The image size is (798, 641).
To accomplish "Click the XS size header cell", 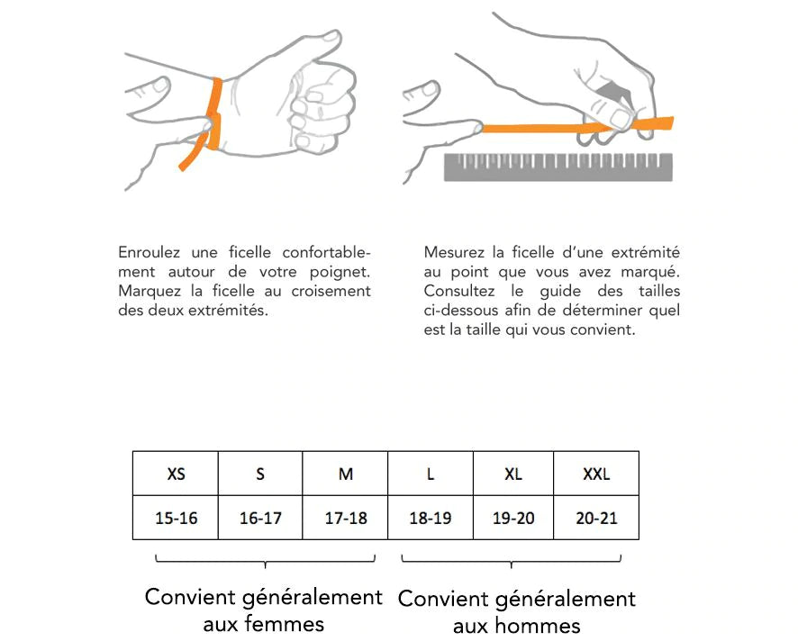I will coord(176,474).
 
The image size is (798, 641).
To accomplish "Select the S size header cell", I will coord(260,474).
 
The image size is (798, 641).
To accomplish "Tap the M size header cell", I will coord(345,474).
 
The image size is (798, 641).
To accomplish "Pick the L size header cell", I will coord(430,474).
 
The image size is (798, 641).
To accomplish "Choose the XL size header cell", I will coord(513,474).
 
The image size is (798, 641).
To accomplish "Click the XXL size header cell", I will coord(596,474).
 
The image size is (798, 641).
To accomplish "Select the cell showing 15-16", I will coord(176,519).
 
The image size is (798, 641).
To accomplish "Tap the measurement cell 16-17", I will coord(260,519).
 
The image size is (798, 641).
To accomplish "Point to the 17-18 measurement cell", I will coord(345,519).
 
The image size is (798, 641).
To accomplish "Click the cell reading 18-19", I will coord(430,519).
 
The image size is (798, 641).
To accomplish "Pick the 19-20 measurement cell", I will coord(513,519).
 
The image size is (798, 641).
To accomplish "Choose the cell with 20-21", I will coord(596,519).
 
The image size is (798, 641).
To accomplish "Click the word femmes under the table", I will coord(280,624).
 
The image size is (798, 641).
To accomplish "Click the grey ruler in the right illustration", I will coord(558,167).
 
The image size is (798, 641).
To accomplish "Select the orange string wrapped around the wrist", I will coord(214,113).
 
